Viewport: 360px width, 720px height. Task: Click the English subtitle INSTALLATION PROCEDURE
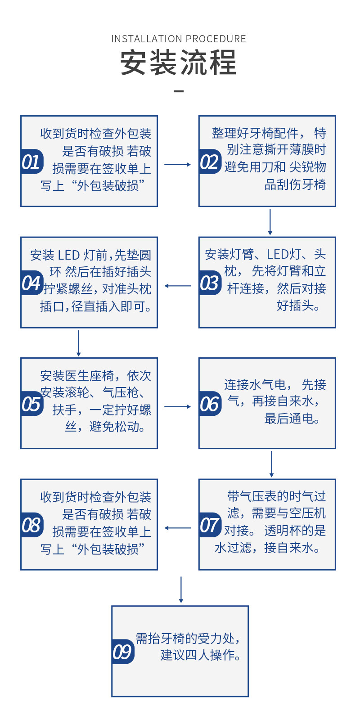[179, 39]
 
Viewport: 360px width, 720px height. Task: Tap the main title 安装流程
[179, 63]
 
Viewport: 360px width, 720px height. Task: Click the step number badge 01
[31, 162]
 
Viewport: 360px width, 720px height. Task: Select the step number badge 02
[210, 162]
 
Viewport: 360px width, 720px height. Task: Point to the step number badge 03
[210, 283]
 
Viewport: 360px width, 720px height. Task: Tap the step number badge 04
[31, 283]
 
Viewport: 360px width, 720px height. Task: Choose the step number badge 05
[31, 404]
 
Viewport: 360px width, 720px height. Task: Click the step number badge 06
[210, 404]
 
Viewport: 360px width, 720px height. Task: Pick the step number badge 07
[210, 525]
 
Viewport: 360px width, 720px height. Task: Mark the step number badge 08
[31, 525]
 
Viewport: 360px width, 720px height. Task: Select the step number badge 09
[122, 652]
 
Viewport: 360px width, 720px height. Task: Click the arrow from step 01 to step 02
[178, 165]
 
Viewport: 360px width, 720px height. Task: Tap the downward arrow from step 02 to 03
[270, 222]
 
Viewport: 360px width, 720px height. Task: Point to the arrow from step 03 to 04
[178, 286]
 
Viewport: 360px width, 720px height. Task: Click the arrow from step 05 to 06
[178, 407]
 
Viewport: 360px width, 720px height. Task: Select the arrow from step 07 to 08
[178, 528]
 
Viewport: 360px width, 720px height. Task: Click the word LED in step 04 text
[69, 256]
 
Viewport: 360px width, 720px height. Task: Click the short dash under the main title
[179, 91]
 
